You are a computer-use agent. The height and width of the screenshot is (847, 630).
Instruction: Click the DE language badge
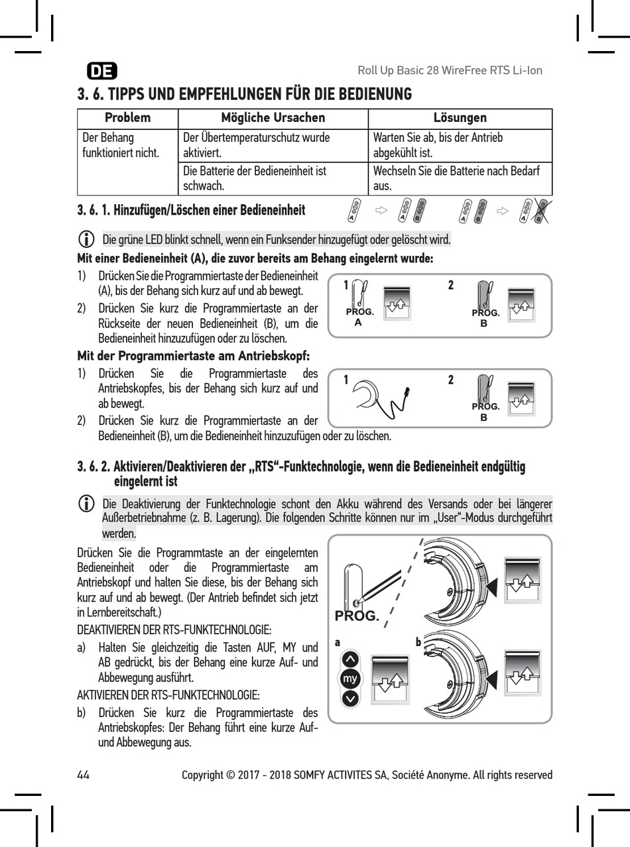coord(102,71)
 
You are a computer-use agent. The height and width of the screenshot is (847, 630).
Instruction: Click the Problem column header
coord(128,118)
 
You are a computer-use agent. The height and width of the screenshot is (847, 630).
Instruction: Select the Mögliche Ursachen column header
coord(273,118)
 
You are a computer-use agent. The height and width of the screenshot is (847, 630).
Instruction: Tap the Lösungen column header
coord(460,118)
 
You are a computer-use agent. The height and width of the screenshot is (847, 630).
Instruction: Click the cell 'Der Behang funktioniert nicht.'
coord(120,146)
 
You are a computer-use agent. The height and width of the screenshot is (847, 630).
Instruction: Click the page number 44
coord(84,775)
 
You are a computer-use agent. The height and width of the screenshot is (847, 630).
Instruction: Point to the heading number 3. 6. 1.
coord(92,211)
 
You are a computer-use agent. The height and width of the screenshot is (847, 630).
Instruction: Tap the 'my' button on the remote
coord(350,679)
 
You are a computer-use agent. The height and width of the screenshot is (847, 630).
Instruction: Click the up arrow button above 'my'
coord(350,660)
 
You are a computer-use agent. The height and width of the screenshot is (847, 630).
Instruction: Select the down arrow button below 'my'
coord(350,699)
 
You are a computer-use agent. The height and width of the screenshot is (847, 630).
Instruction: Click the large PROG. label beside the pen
coord(357,616)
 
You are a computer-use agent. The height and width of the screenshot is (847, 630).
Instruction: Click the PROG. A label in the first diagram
coord(359,316)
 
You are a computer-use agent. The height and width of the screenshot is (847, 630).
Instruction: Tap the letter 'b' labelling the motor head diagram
coord(418,642)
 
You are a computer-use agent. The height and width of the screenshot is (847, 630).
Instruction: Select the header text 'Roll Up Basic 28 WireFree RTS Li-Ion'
coord(450,71)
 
